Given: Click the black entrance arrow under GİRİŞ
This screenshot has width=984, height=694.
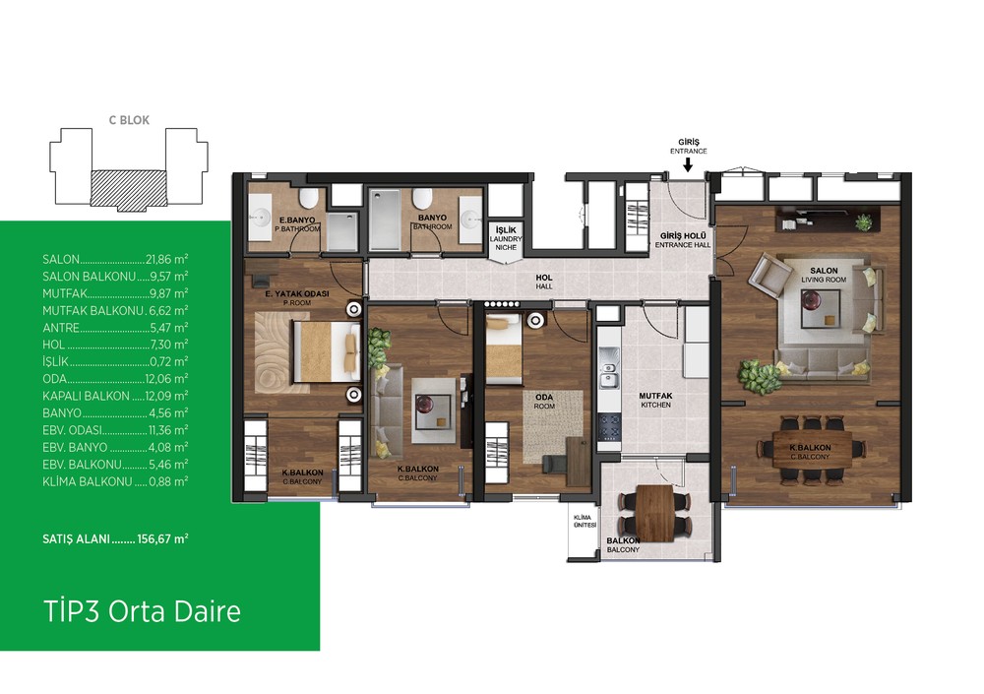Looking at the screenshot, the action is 688,164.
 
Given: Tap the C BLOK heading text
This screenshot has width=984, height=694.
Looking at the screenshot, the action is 129,120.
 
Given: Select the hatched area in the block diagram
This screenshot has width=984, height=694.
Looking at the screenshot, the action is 129,188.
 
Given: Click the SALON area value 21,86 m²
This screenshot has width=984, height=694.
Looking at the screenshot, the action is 167,259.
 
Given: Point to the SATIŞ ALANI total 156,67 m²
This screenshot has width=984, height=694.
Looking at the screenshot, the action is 163,538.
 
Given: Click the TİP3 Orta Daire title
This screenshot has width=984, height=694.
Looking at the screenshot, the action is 142,611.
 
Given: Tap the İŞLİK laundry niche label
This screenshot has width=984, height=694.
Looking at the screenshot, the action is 506,238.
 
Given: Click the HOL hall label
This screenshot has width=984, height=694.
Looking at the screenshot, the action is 544,282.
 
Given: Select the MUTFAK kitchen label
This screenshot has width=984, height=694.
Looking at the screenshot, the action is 655,400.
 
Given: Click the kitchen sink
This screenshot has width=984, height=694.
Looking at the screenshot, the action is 607,374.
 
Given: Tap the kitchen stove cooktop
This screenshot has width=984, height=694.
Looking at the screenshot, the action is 609,426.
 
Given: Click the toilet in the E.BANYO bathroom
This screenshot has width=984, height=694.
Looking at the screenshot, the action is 308,199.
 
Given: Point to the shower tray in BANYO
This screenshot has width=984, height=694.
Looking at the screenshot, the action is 385,221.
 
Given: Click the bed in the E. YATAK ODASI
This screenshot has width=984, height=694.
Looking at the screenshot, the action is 327,351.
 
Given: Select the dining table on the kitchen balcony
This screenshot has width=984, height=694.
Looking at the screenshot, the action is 654,513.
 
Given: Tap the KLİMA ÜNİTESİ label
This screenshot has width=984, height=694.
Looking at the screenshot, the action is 584,522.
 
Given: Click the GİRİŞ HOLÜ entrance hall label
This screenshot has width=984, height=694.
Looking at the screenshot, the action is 683,240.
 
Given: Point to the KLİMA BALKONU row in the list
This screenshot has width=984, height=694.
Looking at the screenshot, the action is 115,481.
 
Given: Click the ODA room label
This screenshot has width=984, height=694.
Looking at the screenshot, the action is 544,402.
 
